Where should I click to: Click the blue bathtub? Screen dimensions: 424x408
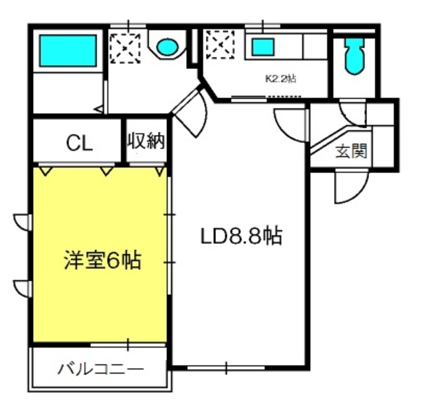tap(68, 50)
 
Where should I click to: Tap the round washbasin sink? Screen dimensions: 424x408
tap(168, 46)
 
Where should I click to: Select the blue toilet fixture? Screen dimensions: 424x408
tap(354, 56)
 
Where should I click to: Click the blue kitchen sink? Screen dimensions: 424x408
tap(263, 47)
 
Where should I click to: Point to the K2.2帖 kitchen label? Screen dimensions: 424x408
tap(281, 79)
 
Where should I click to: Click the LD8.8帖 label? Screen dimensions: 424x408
tap(241, 236)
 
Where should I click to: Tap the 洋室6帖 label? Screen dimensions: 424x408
tap(103, 260)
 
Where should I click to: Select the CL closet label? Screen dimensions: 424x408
tap(79, 143)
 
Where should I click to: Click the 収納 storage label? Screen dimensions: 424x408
tap(146, 140)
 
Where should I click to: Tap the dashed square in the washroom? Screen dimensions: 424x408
tap(125, 48)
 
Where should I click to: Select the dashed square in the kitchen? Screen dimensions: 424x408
tap(220, 44)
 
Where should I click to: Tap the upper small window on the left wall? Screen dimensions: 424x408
tap(23, 223)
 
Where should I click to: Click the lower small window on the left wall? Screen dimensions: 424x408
tap(23, 289)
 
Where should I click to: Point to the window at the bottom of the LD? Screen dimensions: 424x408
tap(226, 368)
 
